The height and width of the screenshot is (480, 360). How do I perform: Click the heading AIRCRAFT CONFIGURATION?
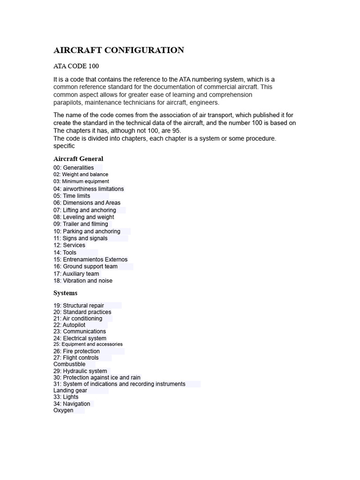pyautogui.click(x=119, y=50)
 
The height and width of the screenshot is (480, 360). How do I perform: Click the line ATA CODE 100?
pyautogui.click(x=76, y=66)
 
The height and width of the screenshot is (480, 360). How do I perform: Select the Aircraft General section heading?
pyautogui.click(x=78, y=159)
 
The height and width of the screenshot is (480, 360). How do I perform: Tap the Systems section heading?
pyautogui.click(x=65, y=293)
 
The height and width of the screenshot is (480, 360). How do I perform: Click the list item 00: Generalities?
pyautogui.click(x=74, y=168)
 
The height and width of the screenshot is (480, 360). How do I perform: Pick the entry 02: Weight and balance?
pyautogui.click(x=81, y=174)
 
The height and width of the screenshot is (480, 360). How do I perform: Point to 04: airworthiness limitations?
pyautogui.click(x=89, y=189)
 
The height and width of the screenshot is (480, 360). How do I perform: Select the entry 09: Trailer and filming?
pyautogui.click(x=81, y=224)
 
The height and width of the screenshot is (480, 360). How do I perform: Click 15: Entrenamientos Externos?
pyautogui.click(x=90, y=259)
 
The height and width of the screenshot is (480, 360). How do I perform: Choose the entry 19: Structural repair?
pyautogui.click(x=79, y=306)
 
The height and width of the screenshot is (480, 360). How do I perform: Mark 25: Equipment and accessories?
pyautogui.click(x=88, y=344)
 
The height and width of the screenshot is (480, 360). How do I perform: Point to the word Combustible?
pyautogui.click(x=69, y=364)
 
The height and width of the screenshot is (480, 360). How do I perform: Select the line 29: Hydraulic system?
pyautogui.click(x=80, y=371)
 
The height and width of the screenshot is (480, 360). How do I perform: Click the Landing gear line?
pyautogui.click(x=70, y=390)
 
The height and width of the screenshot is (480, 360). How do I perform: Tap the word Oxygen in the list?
pyautogui.click(x=63, y=410)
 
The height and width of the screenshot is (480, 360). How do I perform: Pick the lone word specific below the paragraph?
pyautogui.click(x=64, y=146)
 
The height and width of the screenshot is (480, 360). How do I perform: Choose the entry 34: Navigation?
pyautogui.click(x=72, y=404)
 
